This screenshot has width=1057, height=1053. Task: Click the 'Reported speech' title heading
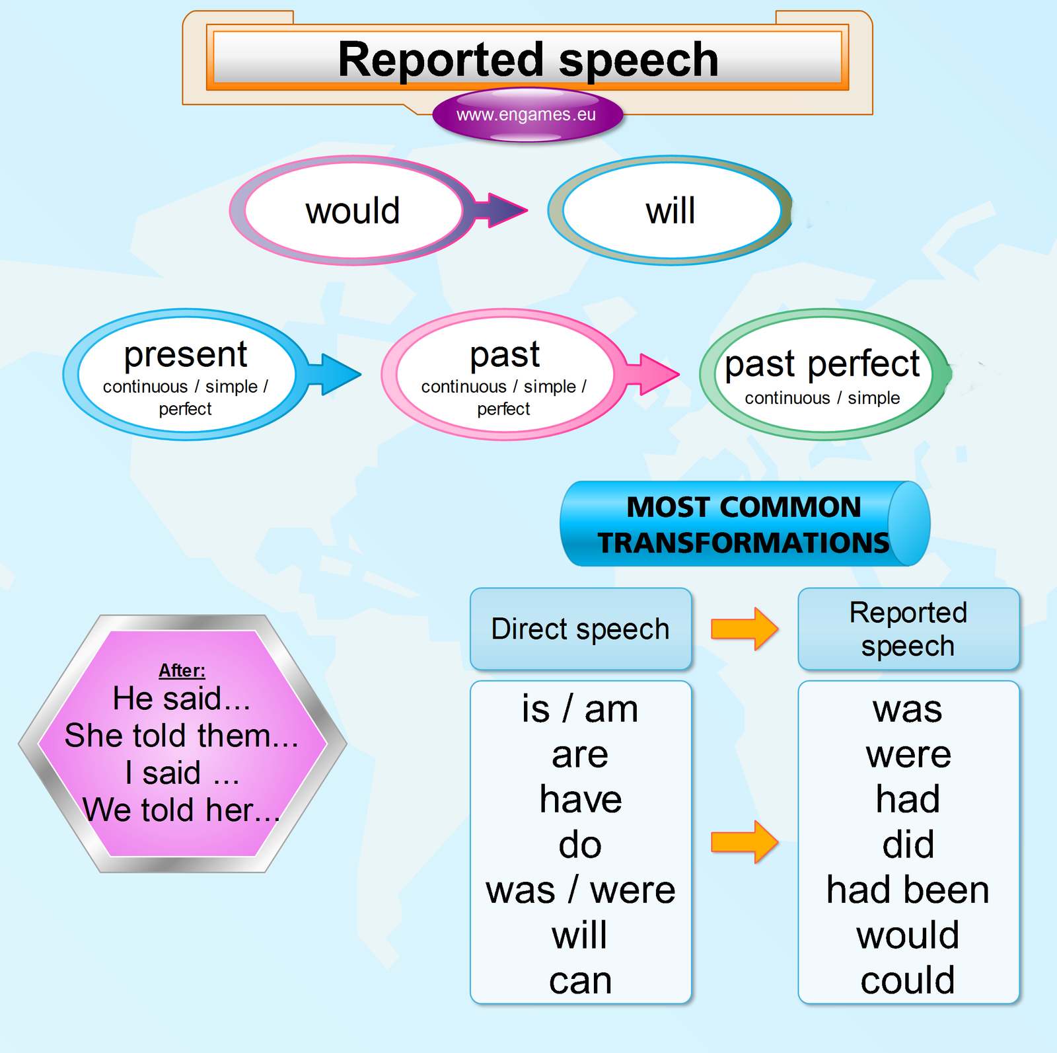527,59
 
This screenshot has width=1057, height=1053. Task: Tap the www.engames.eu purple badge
527,115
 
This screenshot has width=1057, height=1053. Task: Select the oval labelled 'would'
353,211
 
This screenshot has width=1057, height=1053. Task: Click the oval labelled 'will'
671,211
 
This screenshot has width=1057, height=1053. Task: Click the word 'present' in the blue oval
186,354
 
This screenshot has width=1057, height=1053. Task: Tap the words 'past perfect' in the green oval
822,364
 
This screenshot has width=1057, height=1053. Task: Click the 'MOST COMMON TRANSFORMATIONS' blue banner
744,524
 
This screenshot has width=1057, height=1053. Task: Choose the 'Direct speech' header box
580,629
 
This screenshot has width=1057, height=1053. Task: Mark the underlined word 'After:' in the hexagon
182,670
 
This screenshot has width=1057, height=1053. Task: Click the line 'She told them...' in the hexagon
182,735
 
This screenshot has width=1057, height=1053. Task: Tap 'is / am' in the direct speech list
580,709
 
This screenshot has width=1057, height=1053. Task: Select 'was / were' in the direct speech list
580,890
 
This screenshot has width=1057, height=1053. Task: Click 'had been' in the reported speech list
908,890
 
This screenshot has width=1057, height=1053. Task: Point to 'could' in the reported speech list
908,980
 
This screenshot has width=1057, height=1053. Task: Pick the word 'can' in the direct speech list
580,980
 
